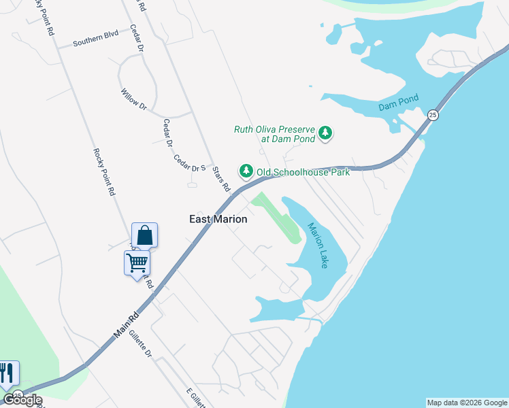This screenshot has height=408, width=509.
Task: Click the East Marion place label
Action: [218, 220]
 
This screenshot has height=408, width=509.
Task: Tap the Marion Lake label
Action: [318, 245]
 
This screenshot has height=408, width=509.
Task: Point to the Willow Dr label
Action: [133, 100]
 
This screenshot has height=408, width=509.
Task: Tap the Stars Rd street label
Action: [221, 180]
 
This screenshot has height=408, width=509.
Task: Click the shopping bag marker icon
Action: [144, 235]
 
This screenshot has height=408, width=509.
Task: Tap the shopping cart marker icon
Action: [137, 262]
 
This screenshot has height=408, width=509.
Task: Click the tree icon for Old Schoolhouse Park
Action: [245, 171]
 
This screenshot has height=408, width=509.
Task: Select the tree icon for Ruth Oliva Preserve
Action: [325, 132]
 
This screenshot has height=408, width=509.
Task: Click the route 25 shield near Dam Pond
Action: [433, 115]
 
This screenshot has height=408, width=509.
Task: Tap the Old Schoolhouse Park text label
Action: [302, 173]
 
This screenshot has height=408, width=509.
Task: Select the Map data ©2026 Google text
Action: [467, 403]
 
